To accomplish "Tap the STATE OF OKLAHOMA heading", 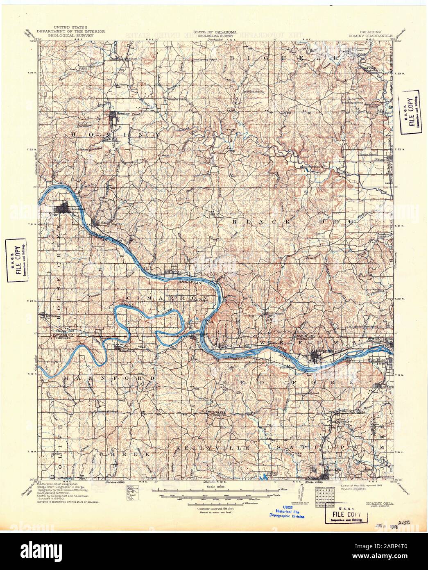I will (213, 31).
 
